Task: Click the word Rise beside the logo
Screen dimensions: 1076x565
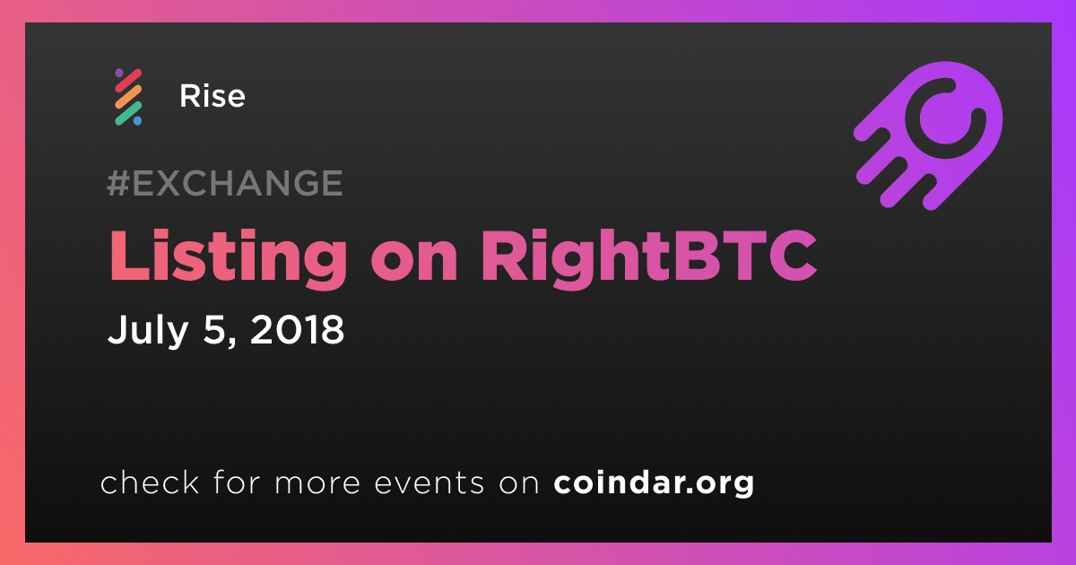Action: point(213,96)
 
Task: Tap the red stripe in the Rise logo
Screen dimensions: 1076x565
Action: point(128,81)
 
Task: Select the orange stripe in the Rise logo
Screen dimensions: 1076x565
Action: point(128,97)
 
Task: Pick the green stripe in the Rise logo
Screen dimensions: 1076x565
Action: point(128,113)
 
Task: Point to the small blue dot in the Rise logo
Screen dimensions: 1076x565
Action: point(137,121)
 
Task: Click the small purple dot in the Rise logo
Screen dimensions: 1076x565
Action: point(119,73)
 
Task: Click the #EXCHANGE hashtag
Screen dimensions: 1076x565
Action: point(225,183)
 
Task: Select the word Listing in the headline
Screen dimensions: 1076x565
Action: point(228,258)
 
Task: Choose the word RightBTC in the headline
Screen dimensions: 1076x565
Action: point(649,258)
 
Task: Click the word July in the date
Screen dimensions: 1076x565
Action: point(147,332)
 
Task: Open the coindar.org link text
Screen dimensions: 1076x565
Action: point(654,482)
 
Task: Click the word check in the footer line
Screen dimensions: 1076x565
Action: point(150,482)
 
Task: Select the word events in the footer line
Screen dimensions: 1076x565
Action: point(429,482)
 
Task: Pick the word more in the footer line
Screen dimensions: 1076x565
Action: point(317,484)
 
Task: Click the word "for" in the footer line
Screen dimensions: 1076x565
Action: point(237,482)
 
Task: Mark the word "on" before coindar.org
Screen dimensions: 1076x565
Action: point(519,484)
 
